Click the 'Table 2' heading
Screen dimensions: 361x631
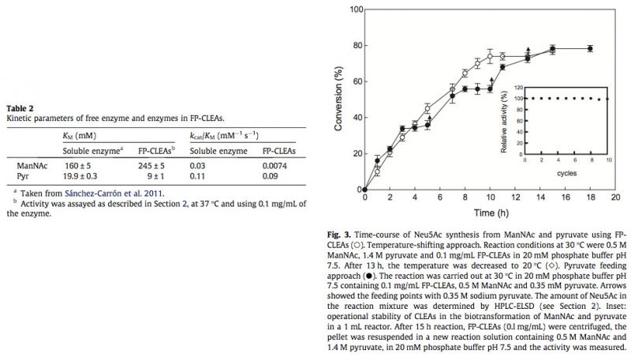(x=20, y=108)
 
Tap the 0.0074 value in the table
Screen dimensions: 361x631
(x=277, y=166)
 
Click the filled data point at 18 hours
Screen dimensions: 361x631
(x=589, y=49)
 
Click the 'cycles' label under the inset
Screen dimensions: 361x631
(x=566, y=171)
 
